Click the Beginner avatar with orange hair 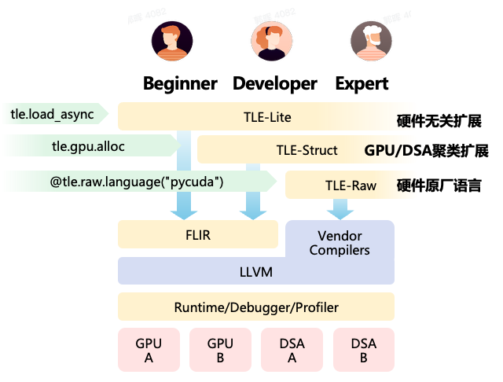point(171,42)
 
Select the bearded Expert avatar point(370,42)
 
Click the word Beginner point(180,83)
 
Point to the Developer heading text point(274,83)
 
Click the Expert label point(362,83)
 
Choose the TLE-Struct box point(307,150)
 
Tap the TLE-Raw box point(351,186)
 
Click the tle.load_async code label point(53,115)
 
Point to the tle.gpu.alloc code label point(89,145)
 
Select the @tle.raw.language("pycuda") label point(138,182)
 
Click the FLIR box point(197,234)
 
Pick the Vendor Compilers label point(340,242)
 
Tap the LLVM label point(255,271)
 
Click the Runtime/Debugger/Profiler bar point(255,307)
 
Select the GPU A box point(149,351)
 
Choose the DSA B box point(364,351)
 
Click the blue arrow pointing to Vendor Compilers point(340,209)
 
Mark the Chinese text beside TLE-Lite point(439,121)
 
